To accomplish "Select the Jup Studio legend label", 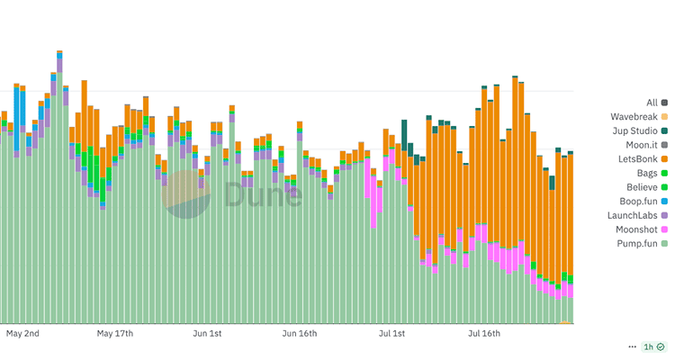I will click(x=634, y=131).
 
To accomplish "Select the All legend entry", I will click(x=652, y=103).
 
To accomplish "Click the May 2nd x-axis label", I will click(x=23, y=334).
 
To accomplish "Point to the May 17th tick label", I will click(x=115, y=334).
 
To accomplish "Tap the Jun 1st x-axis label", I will click(x=207, y=334).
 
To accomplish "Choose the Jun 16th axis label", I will click(x=301, y=334).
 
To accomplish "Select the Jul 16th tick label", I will click(x=484, y=334).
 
